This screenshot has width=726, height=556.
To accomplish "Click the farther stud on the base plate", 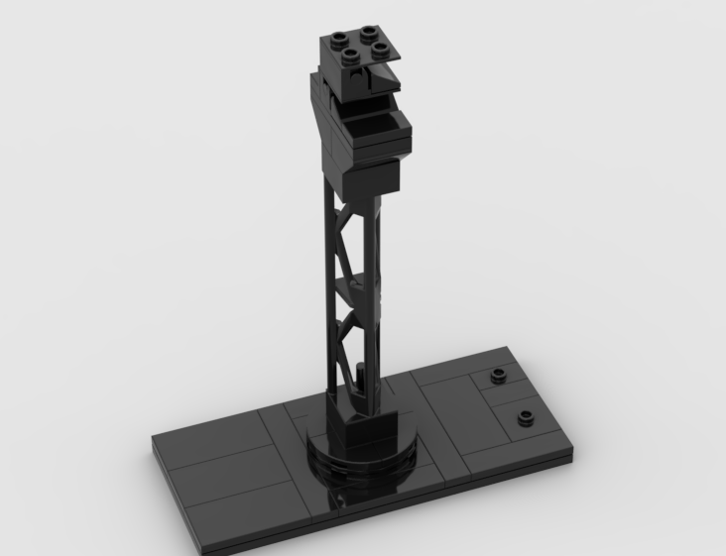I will (496, 377).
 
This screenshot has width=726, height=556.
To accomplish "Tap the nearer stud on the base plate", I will (525, 415).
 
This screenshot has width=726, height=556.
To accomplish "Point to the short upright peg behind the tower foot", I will (357, 378).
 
